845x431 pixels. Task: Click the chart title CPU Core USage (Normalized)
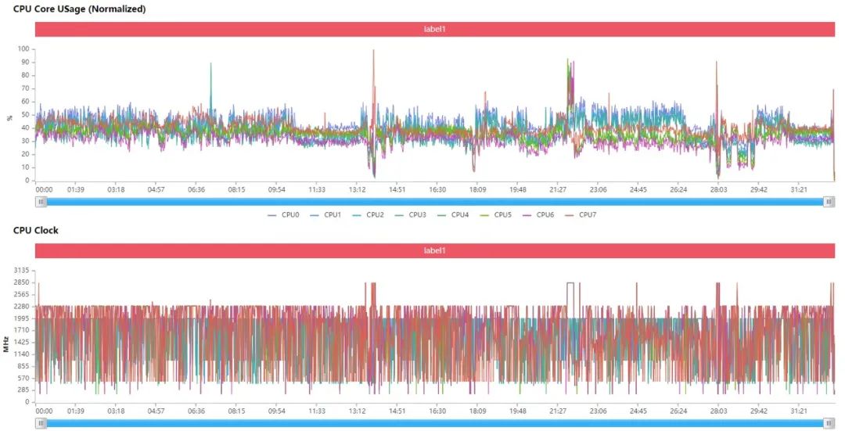(80, 9)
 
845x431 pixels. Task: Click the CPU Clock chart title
(36, 230)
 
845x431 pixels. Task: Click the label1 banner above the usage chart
(435, 29)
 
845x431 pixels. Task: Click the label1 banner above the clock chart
(435, 250)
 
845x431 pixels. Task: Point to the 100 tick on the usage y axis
(24, 49)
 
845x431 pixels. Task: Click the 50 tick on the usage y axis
(26, 115)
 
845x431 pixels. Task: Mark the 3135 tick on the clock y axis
(21, 270)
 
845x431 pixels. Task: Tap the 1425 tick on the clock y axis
(21, 342)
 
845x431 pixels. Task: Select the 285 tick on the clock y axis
(23, 390)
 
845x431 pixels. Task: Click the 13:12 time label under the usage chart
(358, 189)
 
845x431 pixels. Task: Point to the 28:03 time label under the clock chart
(718, 410)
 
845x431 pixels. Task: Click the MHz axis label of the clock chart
(6, 341)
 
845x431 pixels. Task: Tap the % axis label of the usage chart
(9, 117)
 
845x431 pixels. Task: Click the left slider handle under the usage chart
(41, 201)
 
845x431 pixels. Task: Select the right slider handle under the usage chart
(829, 201)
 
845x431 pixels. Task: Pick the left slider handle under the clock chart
(41, 423)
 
